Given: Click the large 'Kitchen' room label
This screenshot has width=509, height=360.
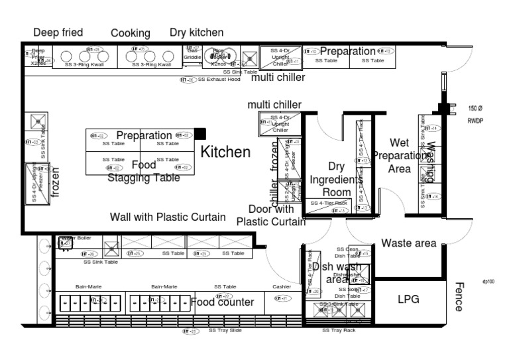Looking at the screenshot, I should [x=225, y=152].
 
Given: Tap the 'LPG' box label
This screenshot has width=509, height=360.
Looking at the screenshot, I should [x=409, y=299].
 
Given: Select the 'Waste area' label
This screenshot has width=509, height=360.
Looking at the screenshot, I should [x=408, y=243].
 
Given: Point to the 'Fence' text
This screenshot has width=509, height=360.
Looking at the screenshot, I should [x=459, y=296].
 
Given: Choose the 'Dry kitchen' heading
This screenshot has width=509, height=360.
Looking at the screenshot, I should [x=197, y=32].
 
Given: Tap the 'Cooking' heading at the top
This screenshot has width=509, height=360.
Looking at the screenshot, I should [x=131, y=33].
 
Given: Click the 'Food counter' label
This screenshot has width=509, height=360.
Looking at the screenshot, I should [x=223, y=302].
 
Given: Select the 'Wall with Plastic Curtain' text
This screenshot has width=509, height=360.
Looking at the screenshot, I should [x=168, y=217].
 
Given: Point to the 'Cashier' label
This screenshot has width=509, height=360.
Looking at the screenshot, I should [x=282, y=286].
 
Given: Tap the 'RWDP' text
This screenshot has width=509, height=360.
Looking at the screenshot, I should [x=475, y=121].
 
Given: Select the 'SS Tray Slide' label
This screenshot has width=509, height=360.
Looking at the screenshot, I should [x=225, y=330].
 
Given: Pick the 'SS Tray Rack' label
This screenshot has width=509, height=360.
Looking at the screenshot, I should [x=339, y=330].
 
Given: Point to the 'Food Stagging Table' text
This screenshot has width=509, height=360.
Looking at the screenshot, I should [x=143, y=171].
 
